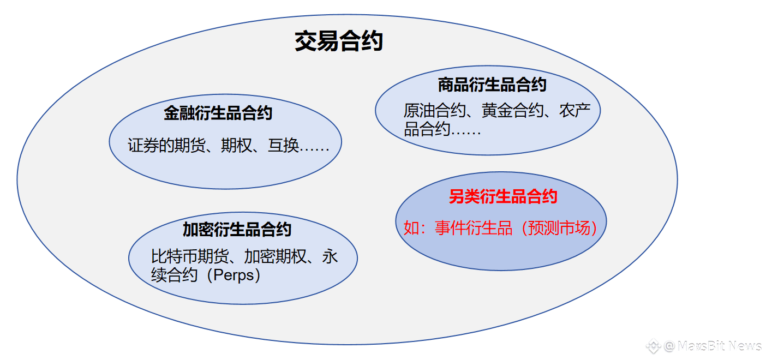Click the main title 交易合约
[x=339, y=41]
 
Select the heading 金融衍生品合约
[x=218, y=113]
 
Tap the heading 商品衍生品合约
[x=492, y=85]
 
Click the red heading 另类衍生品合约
[x=503, y=196]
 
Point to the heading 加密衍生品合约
[x=237, y=230]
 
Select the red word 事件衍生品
[x=473, y=228]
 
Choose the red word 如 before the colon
[x=410, y=228]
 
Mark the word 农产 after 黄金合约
[x=574, y=111]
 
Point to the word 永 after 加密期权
[x=330, y=256]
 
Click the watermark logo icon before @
[x=653, y=346]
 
